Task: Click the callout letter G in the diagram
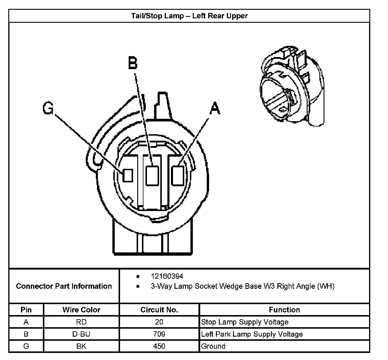click(48, 108)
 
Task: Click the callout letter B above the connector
click(133, 63)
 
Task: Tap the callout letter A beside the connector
click(215, 108)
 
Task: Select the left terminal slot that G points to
click(128, 175)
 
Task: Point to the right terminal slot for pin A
click(178, 175)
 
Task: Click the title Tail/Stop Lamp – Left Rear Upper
click(189, 16)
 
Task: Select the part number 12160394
click(167, 276)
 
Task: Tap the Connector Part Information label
click(64, 286)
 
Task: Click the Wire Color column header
click(81, 310)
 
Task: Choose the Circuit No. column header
click(159, 310)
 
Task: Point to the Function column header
click(284, 310)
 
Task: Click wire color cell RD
click(81, 322)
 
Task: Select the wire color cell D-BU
click(81, 334)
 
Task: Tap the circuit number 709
click(159, 334)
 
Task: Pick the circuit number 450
click(159, 346)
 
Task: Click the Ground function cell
click(213, 346)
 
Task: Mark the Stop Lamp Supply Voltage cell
click(245, 322)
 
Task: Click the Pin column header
click(26, 310)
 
